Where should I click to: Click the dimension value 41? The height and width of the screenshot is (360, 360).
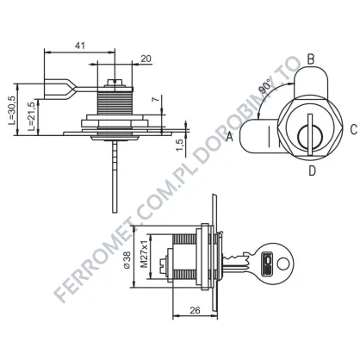point(80,46)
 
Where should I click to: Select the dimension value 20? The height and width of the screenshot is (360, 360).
point(146,59)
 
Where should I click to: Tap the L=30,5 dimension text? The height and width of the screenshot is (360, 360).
point(12,110)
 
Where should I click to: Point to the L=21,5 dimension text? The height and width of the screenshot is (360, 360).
point(32,116)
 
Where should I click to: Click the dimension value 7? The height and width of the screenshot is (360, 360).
point(155,99)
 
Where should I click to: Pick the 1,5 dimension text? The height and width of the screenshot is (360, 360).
point(180,145)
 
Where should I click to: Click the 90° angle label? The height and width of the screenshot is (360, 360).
point(265,87)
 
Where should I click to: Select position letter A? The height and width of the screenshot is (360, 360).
point(229,136)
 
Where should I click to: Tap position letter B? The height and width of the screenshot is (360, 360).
point(311,59)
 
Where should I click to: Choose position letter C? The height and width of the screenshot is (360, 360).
point(353,129)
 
